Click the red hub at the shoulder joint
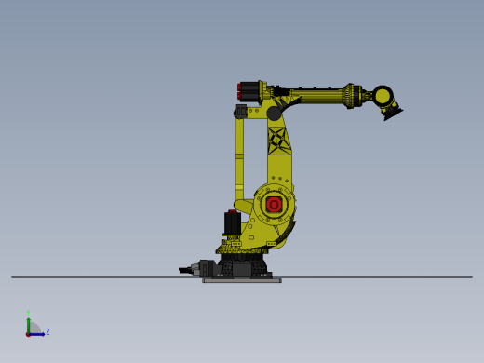[274, 204]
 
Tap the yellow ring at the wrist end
[383, 96]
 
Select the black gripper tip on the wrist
[392, 114]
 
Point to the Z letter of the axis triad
[47, 331]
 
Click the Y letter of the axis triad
[28, 313]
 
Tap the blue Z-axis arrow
[38, 334]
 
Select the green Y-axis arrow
[28, 324]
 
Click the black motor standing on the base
[232, 223]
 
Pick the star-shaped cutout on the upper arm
[276, 141]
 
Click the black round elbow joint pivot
[274, 114]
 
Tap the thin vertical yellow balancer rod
[239, 158]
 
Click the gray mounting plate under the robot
[242, 279]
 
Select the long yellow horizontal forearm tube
[316, 96]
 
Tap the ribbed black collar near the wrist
[353, 96]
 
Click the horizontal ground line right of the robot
[391, 277]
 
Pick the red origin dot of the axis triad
[28, 334]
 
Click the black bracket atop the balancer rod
[240, 112]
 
